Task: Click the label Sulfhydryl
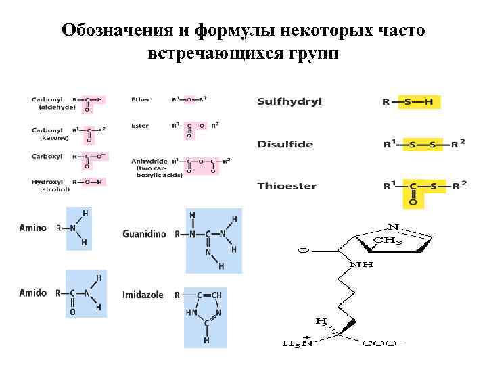click(x=289, y=102)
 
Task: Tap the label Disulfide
click(x=285, y=144)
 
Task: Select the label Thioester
click(x=287, y=186)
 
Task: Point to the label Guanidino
click(x=143, y=235)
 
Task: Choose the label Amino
click(x=33, y=228)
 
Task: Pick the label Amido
click(x=33, y=293)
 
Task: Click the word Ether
click(x=141, y=99)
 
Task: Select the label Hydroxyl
click(x=47, y=182)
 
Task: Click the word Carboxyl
click(x=47, y=156)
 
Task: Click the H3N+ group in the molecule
click(x=298, y=343)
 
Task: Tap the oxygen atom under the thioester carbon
click(x=413, y=202)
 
